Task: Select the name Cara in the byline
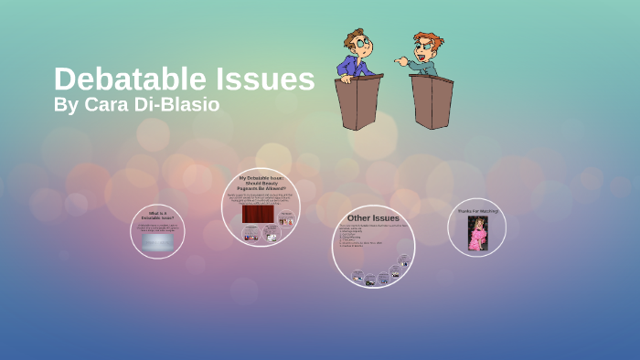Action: tap(107, 104)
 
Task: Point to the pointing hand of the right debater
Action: tap(400, 60)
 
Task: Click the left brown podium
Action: tap(357, 101)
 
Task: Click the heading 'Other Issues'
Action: tap(373, 218)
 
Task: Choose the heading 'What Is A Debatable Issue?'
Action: tap(157, 216)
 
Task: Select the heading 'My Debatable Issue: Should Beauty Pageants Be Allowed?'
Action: tap(261, 183)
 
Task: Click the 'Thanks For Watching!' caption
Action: tap(477, 211)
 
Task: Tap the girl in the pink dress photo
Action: tap(477, 233)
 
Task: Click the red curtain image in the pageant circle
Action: tap(253, 214)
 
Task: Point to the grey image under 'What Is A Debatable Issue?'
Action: tap(157, 241)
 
